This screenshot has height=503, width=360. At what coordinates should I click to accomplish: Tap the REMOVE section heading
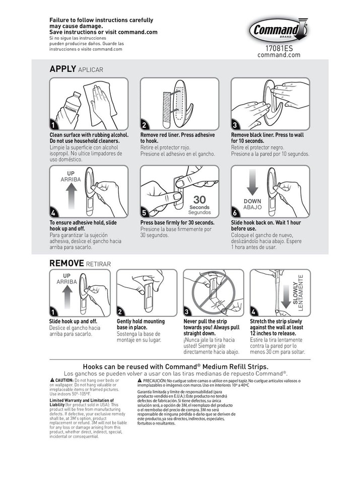coord(67,263)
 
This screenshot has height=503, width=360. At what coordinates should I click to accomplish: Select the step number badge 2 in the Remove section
coord(120,312)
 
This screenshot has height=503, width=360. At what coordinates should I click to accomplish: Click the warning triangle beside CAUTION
coord(52,380)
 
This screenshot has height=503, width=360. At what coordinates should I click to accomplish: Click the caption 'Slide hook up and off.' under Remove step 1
coord(73,321)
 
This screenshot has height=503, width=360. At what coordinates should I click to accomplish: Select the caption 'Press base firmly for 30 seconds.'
coord(177,222)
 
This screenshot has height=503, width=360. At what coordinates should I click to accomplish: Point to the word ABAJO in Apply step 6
coord(252,207)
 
